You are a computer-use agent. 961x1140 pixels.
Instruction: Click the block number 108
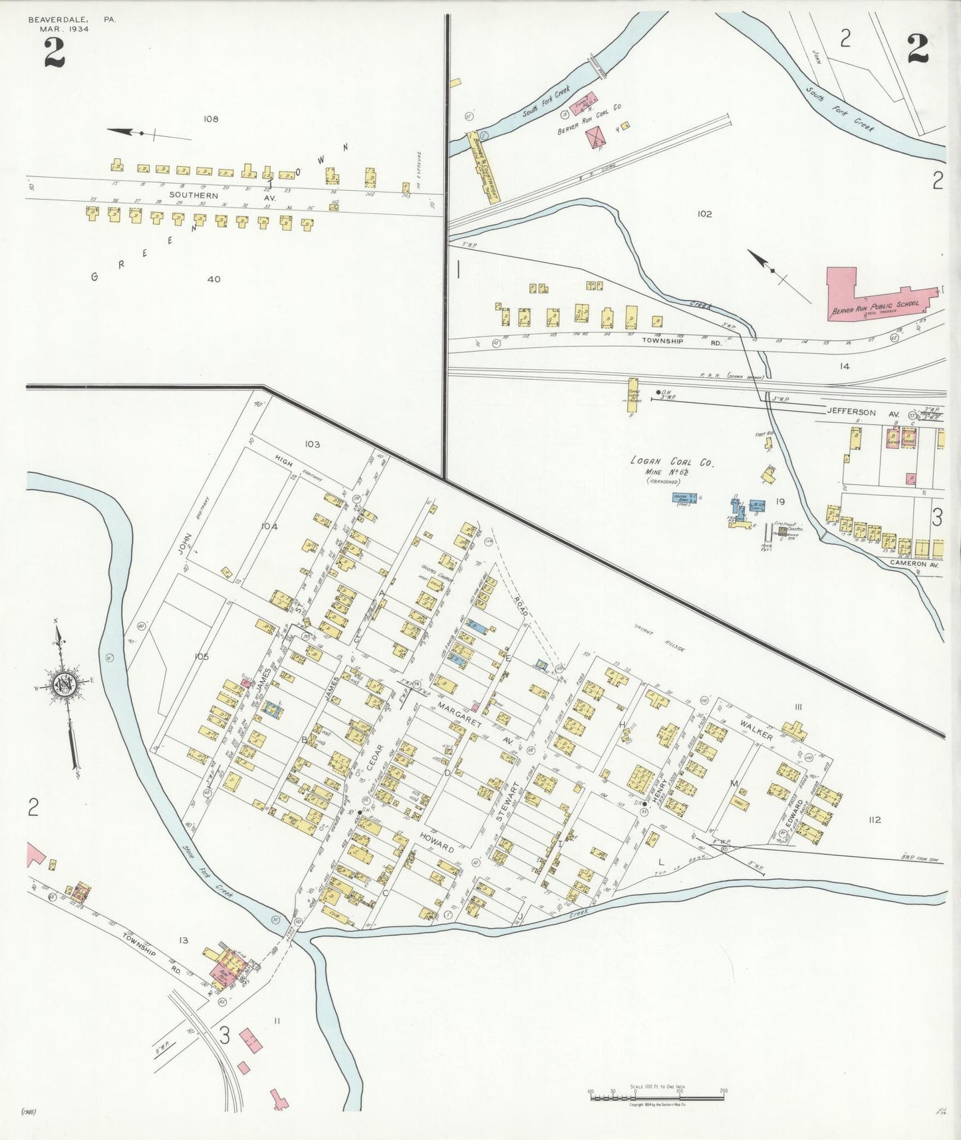211,119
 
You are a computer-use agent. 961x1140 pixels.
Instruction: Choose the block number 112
874,819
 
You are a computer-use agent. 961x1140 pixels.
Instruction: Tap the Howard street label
436,841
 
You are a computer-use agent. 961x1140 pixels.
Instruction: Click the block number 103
312,444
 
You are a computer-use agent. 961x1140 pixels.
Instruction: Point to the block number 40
213,279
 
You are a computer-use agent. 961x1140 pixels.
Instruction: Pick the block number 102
704,214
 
